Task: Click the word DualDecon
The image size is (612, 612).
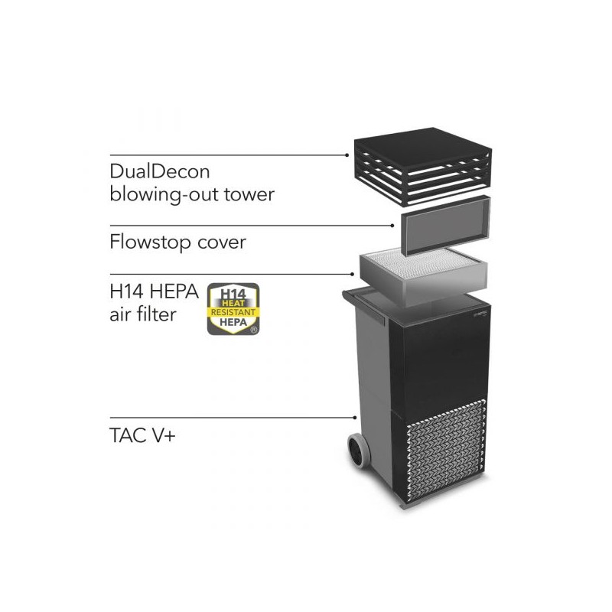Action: coord(160,171)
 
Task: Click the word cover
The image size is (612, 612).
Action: coord(222,243)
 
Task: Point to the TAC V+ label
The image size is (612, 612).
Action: coord(142,435)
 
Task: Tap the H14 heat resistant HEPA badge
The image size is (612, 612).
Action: coord(233,309)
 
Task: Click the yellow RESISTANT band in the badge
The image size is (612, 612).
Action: coord(233,312)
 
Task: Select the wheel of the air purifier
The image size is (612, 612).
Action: coord(359,451)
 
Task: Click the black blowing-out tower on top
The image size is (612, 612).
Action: coord(423,166)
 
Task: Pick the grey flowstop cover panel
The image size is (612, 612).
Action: coord(446,226)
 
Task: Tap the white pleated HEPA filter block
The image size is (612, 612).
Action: coord(424,271)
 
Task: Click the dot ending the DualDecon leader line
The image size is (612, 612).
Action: coord(347,155)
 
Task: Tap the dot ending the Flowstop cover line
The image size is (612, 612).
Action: coord(392,226)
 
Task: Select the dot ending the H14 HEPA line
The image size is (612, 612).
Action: coord(352,274)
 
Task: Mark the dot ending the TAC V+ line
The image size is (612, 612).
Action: coord(355,418)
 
